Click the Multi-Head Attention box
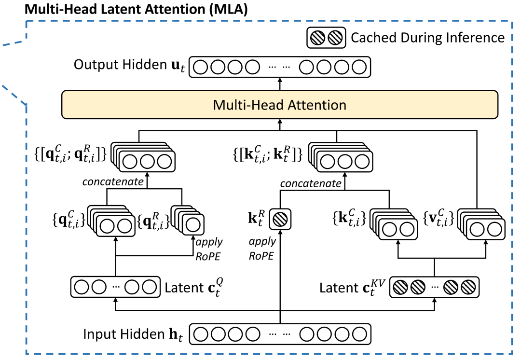280,105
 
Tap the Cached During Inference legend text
427,38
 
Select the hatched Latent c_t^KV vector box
434,288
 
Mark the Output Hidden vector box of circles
280,66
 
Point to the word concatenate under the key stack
311,183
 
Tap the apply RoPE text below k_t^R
263,248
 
